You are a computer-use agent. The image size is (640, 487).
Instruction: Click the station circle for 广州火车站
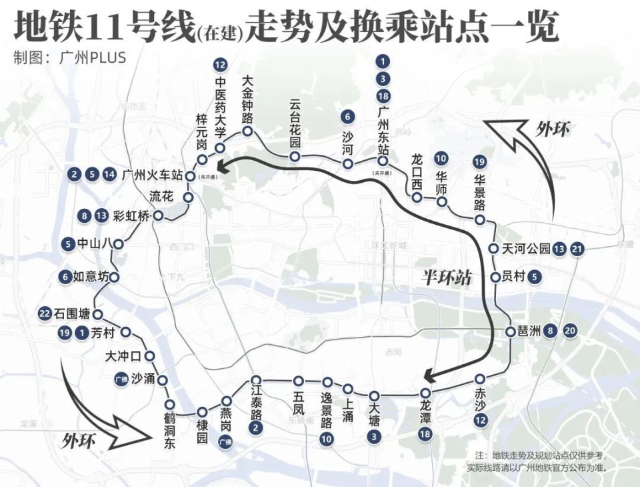tap(189, 176)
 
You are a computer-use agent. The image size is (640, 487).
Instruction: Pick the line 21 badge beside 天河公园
tap(577, 250)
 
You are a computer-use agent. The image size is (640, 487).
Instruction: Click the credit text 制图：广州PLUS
tap(69, 58)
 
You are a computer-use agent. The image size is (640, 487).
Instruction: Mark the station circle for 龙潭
tap(425, 394)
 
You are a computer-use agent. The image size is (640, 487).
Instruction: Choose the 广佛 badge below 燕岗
tap(225, 442)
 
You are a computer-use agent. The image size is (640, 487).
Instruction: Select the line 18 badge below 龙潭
tap(425, 435)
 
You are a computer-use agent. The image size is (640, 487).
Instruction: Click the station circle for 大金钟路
tap(247, 131)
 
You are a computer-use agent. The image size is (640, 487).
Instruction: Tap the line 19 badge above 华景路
tap(479, 161)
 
